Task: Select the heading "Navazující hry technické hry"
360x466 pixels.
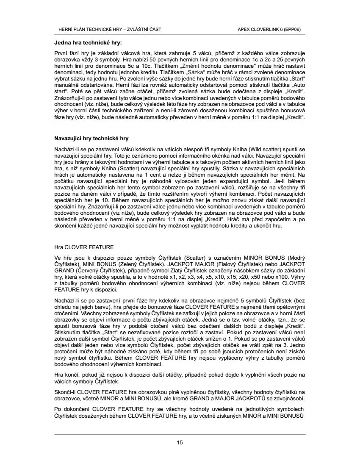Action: pyautogui.click(x=91, y=139)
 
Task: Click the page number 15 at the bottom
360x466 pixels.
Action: pyautogui.click(x=180, y=443)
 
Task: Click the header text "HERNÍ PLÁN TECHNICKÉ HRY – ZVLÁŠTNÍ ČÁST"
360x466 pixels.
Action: pyautogui.click(x=109, y=29)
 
